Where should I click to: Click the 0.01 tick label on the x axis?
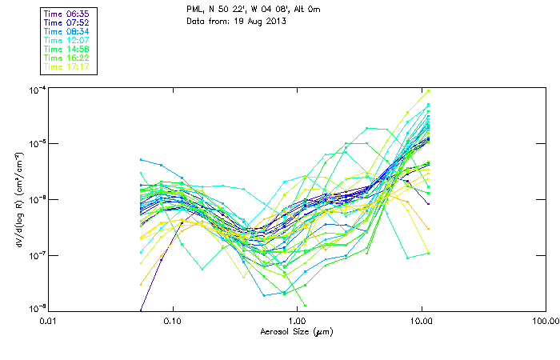tap(48, 321)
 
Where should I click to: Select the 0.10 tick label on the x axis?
tap(172, 321)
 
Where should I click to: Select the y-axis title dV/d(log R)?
tap(18, 198)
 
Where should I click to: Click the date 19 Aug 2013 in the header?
tap(259, 21)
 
